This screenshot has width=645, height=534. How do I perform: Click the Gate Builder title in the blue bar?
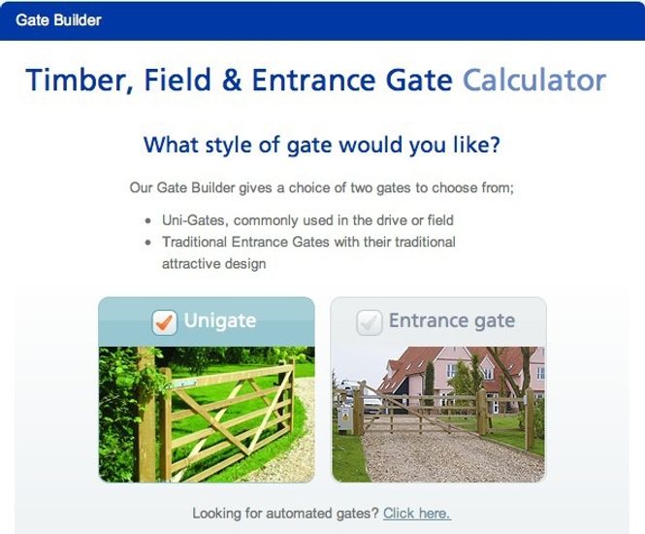(57, 19)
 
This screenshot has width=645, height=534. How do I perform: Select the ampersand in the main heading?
(232, 80)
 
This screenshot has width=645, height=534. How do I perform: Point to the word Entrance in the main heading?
(313, 80)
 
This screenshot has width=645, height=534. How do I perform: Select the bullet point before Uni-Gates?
(147, 221)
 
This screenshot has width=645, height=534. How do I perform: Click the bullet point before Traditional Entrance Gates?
(147, 243)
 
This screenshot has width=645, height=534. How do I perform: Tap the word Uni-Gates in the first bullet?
(194, 220)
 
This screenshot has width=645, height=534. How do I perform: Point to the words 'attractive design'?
(213, 263)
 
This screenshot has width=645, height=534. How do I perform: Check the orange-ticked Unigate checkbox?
(165, 321)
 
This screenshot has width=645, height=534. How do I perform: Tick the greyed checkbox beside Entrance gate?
(369, 321)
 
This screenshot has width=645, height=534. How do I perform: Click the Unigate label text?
(221, 321)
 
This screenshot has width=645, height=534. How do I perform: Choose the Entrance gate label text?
(451, 321)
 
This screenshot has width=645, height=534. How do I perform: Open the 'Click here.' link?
(416, 513)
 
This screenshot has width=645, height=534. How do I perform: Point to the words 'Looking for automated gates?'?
(285, 513)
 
